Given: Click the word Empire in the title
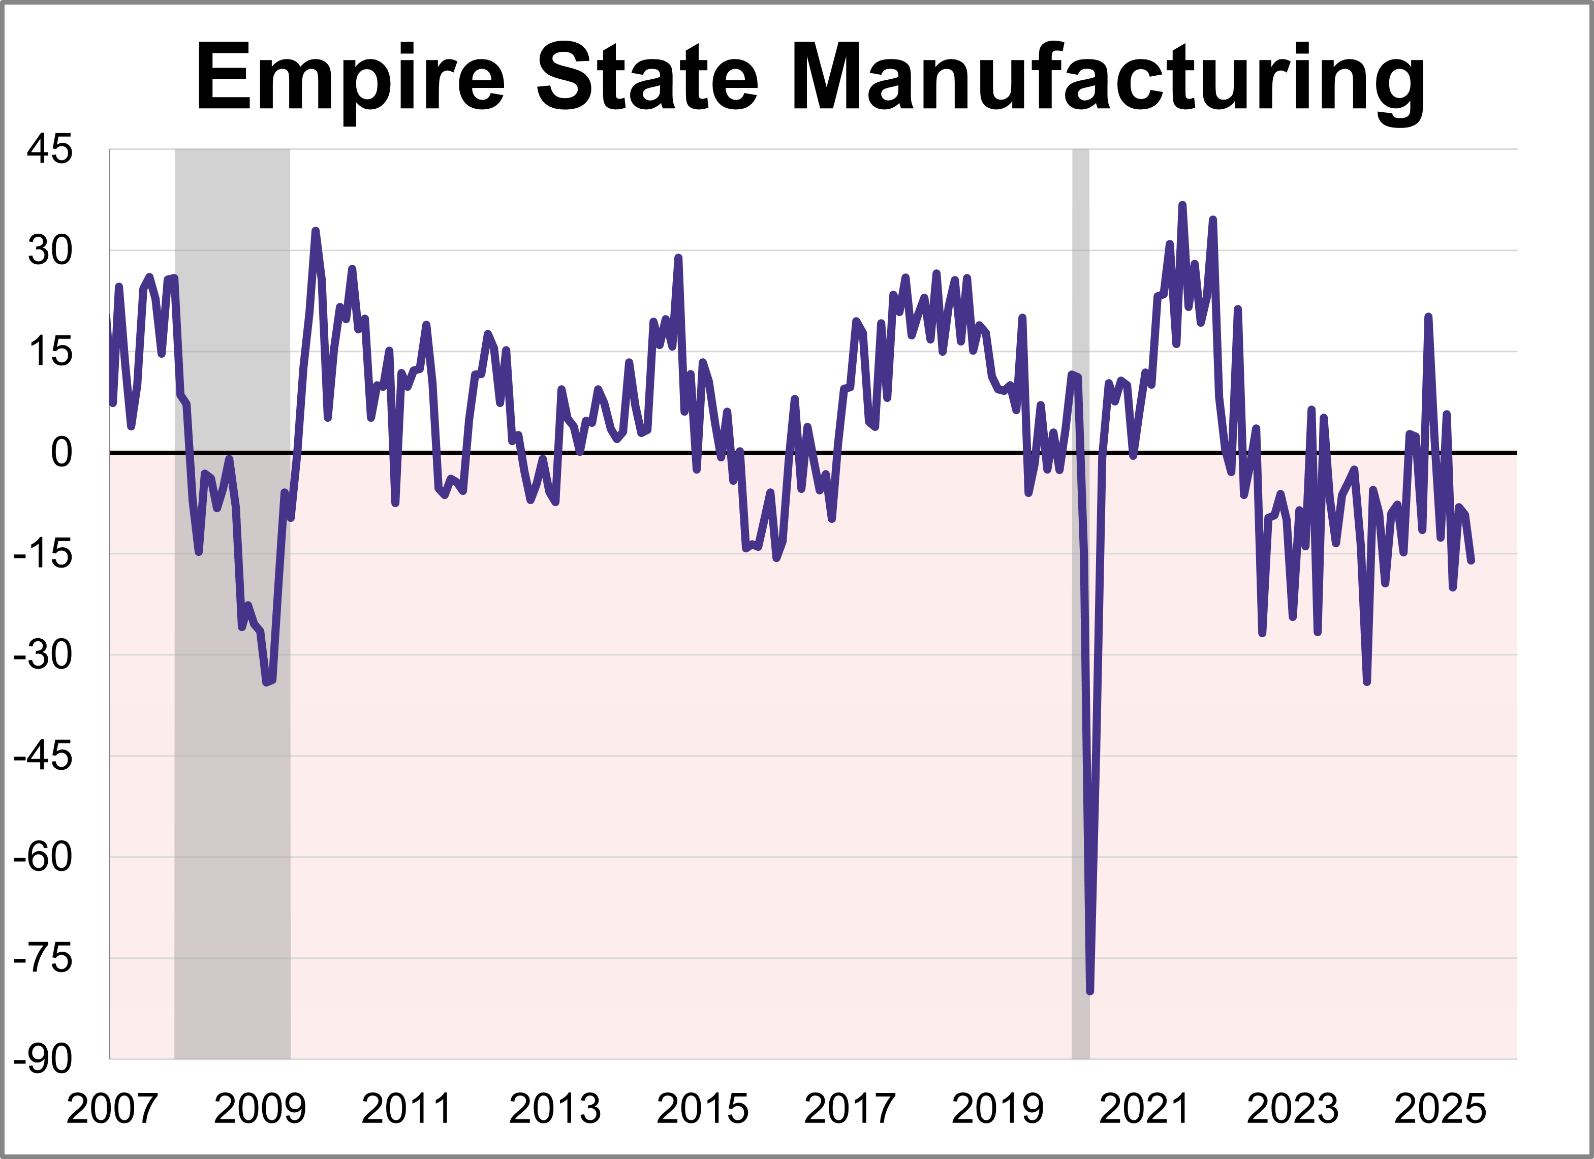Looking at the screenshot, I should click(349, 79).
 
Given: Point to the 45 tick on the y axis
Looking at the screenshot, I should click(49, 150).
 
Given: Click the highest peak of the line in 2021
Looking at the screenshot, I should click(1182, 205).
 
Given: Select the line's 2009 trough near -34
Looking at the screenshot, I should click(266, 682).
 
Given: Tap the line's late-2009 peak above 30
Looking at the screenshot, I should click(315, 231).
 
